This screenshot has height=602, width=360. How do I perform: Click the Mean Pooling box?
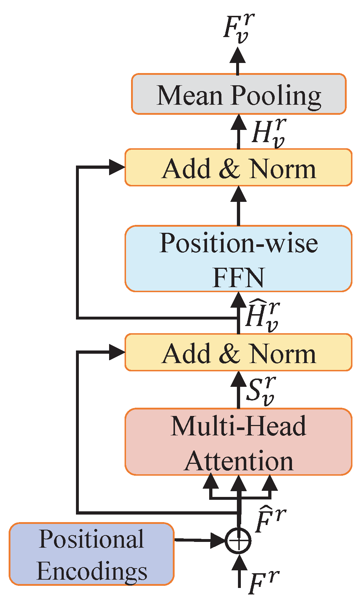coord(239,94)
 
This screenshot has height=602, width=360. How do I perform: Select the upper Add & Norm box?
coord(239,168)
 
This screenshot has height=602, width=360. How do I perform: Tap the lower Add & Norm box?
coord(239,353)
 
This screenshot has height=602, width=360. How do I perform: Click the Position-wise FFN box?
coord(239,258)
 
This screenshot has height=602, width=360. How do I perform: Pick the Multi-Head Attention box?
coord(239,442)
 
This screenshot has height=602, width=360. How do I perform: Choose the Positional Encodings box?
coord(91,554)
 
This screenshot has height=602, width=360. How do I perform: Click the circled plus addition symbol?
coord(238,540)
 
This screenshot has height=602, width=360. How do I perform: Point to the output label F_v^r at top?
coord(238,28)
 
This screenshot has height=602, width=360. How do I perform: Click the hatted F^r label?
coord(270,520)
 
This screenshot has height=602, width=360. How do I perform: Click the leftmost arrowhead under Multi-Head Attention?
coord(211,482)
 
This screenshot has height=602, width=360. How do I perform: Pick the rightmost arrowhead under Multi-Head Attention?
coord(270,482)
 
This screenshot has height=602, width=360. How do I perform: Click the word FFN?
coord(238,277)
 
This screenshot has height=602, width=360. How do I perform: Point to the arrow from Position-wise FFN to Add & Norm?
coord(238,207)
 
